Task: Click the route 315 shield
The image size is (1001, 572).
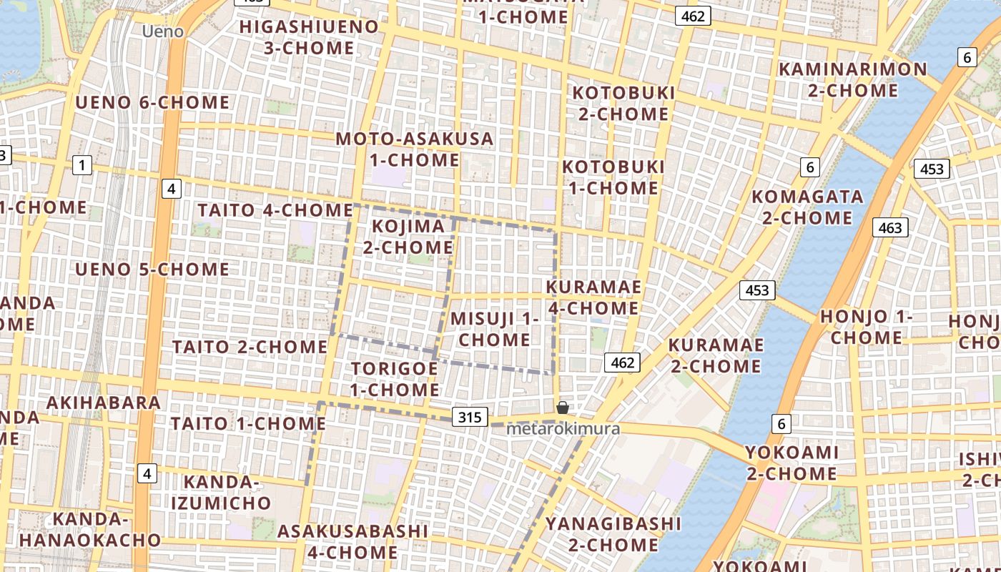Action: (470, 417)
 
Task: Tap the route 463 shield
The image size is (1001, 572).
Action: (890, 227)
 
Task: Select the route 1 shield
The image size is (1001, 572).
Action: (82, 166)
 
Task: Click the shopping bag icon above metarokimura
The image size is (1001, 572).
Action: (563, 408)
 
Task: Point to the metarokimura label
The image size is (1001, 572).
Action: (563, 429)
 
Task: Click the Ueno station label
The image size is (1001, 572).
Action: (162, 31)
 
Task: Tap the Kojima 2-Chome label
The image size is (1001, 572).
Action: (408, 237)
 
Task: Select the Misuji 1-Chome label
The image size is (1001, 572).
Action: (494, 329)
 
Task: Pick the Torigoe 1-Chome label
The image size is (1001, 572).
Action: (395, 379)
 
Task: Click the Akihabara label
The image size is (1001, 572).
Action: (104, 403)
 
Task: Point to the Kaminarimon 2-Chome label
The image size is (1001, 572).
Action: (852, 80)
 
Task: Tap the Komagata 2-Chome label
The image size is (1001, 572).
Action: (807, 207)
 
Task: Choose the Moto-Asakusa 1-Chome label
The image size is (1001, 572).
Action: (415, 149)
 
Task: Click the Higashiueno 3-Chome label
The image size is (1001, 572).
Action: (309, 37)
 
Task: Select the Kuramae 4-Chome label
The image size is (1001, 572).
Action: (593, 297)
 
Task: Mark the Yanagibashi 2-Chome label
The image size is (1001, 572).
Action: (613, 534)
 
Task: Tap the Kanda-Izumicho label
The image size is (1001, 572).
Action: (221, 492)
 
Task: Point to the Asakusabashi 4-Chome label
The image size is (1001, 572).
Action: (352, 541)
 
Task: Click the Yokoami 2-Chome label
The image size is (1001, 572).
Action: (792, 463)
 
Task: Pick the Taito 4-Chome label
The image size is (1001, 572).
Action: (275, 210)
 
